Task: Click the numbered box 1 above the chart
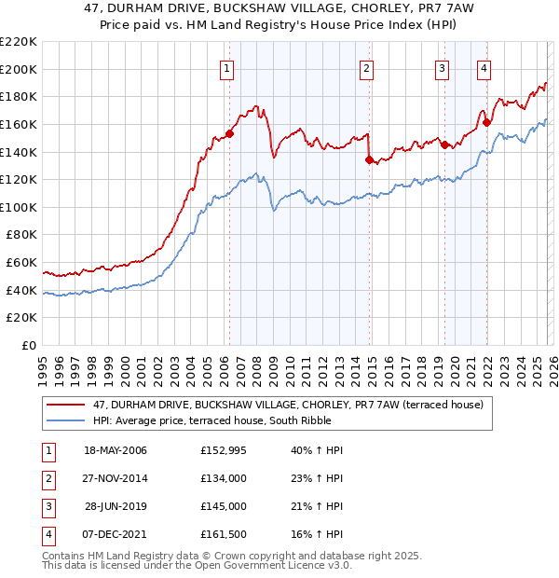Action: (228, 67)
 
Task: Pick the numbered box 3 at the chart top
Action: (442, 67)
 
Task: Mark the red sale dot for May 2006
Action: (229, 133)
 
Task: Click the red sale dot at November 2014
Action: (370, 159)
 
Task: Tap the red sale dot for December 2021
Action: (486, 121)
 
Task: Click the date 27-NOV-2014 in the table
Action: (116, 478)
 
